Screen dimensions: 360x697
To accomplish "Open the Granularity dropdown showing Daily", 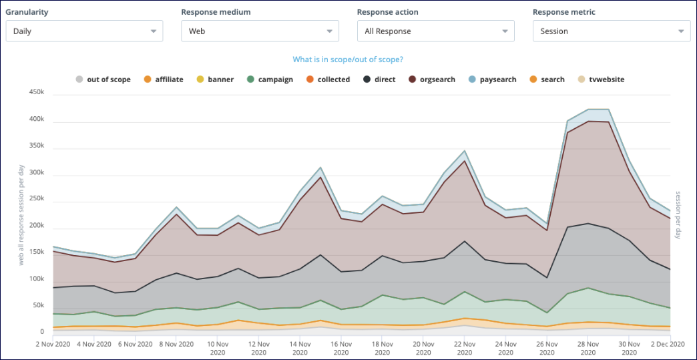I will pos(84,31).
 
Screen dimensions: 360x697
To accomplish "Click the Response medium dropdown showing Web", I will pos(260,31).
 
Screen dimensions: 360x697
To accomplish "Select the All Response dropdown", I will pos(435,31).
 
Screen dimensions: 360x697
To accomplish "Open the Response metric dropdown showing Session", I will pos(611,31).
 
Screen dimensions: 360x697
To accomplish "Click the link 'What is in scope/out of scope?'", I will pos(348,59).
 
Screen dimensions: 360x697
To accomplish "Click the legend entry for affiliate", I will pos(164,79).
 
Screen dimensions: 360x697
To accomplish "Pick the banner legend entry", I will pos(215,79).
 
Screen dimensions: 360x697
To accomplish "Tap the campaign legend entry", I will pos(270,79).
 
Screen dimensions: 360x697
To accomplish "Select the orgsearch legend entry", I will pos(432,79).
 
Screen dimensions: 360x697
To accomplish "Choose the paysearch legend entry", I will pos(492,79).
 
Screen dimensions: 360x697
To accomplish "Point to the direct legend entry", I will pos(379,79).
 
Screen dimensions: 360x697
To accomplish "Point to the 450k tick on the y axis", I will pos(35,93).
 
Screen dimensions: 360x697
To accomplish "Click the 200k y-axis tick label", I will pos(35,226).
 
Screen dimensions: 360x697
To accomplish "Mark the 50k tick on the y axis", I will pos(37,305).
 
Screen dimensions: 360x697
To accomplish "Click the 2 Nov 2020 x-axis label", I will pos(52,344).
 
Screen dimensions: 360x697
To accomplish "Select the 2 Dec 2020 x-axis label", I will pos(668,344).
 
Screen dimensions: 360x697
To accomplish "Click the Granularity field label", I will pos(27,12).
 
